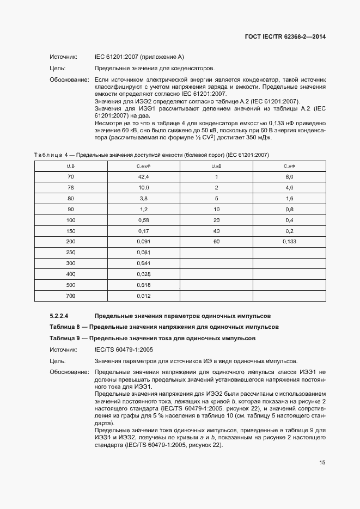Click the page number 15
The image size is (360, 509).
[x=322, y=463]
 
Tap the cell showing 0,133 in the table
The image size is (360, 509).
[x=289, y=241]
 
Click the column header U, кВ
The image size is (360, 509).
[x=216, y=166]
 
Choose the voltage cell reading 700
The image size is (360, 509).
[x=71, y=296]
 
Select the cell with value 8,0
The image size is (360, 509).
[x=289, y=177]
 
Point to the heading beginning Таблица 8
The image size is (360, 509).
[x=164, y=327]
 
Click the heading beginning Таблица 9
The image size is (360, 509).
[x=152, y=338]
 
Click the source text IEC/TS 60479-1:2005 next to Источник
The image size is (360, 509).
[x=124, y=349]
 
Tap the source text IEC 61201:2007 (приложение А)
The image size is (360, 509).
[x=139, y=57]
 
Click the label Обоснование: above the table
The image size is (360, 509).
[x=69, y=79]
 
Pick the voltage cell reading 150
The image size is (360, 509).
[x=71, y=231]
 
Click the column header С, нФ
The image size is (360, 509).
[x=289, y=166]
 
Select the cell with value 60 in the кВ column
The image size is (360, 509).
[x=216, y=241]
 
